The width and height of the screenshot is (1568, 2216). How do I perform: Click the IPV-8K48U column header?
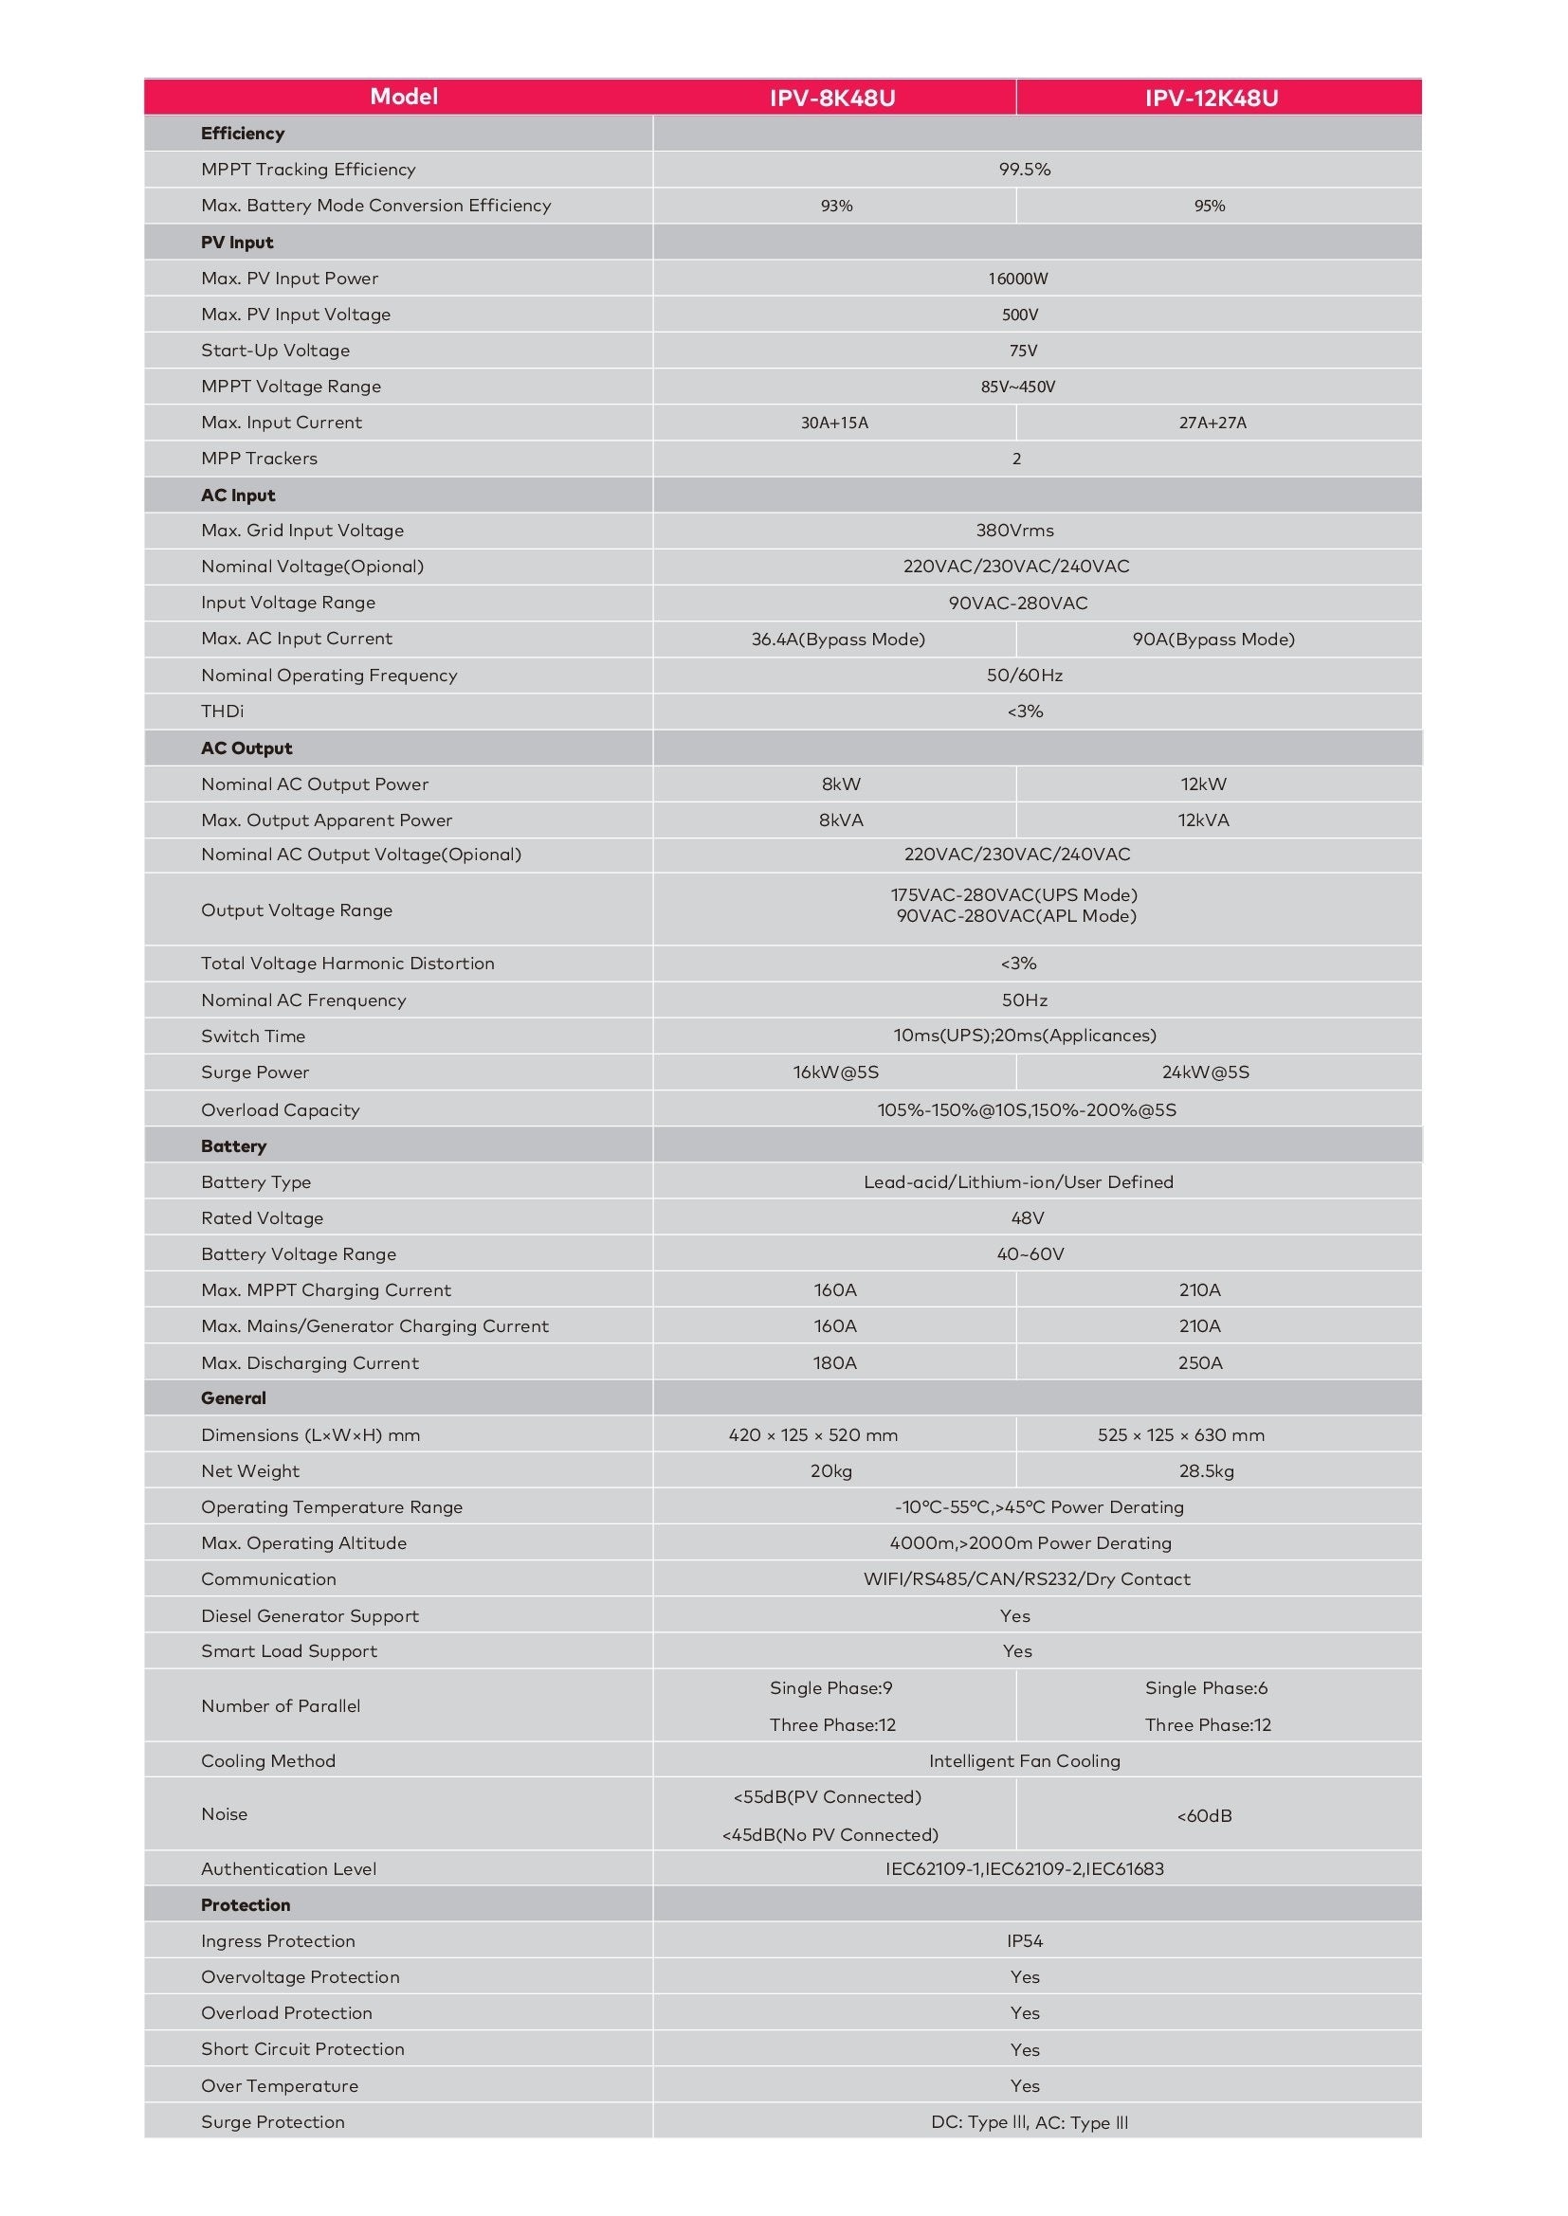click(832, 98)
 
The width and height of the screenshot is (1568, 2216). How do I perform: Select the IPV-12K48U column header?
click(1212, 98)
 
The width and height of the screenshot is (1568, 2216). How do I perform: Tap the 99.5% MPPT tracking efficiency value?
click(1025, 169)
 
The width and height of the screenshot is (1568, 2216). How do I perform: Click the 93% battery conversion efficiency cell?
click(836, 206)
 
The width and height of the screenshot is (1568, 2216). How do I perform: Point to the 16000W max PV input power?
click(1017, 279)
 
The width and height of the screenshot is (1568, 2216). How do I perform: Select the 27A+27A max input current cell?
click(1212, 423)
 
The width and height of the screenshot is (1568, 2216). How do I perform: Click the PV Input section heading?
click(238, 243)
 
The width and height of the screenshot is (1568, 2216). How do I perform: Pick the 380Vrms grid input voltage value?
click(1014, 530)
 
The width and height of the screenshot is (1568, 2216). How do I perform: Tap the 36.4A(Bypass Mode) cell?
click(838, 639)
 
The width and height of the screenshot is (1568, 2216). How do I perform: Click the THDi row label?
click(222, 712)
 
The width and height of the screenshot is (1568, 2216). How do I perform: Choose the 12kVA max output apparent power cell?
click(1203, 820)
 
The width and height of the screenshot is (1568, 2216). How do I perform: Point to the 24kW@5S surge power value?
click(1205, 1072)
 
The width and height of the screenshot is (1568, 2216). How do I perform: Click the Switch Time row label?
click(253, 1036)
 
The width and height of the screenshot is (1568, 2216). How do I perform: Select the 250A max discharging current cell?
click(1200, 1362)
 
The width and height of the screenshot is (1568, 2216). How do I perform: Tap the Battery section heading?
click(233, 1145)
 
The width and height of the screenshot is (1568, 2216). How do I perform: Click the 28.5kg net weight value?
click(1206, 1471)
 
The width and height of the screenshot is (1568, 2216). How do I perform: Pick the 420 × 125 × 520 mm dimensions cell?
click(813, 1435)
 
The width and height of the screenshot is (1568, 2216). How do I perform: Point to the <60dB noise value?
click(1204, 1815)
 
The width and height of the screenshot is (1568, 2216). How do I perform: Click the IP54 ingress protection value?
click(1025, 1941)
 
